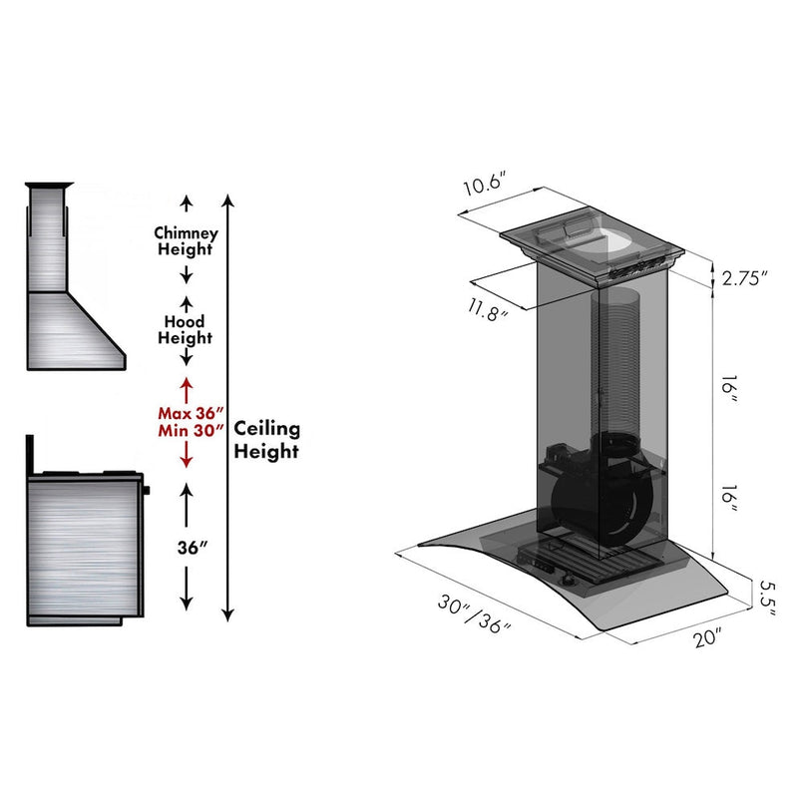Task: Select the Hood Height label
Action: coord(185,330)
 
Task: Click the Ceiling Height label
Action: coord(266,439)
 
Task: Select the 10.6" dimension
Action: coord(486,186)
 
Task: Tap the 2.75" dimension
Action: coord(744,279)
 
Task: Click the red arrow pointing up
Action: coord(185,387)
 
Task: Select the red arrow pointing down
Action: coord(185,456)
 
